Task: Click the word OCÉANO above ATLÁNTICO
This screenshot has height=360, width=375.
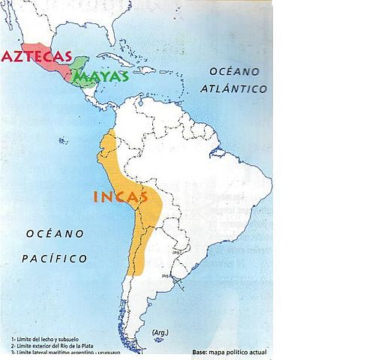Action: pyautogui.click(x=234, y=70)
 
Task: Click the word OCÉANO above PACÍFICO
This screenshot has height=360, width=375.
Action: pyautogui.click(x=54, y=234)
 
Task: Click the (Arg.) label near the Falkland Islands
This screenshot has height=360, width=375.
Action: pyautogui.click(x=159, y=332)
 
